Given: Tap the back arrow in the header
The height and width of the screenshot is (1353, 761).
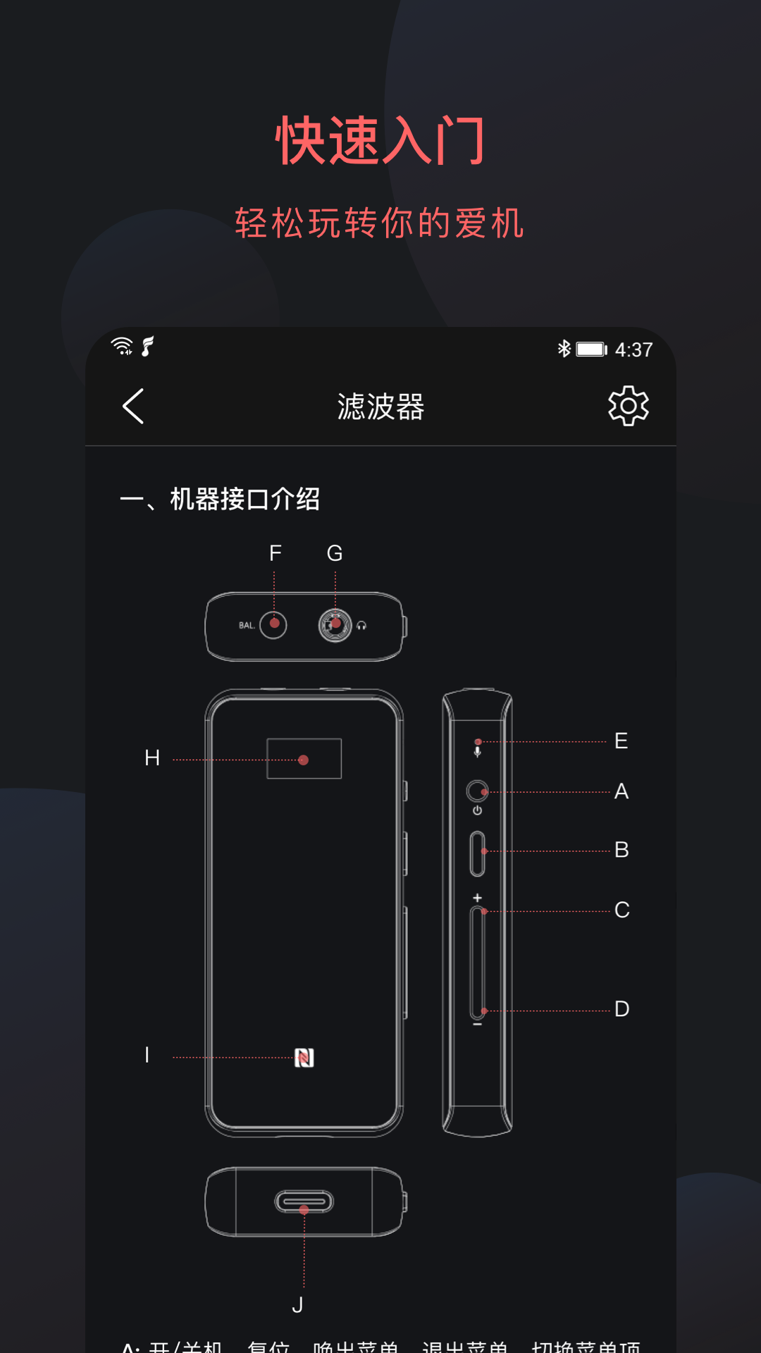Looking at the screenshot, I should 133,407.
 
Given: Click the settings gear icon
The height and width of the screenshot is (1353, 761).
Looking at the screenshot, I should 628,406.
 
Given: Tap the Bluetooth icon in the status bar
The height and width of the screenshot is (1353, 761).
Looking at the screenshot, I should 564,349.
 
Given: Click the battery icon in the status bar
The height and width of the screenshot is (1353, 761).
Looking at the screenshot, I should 591,350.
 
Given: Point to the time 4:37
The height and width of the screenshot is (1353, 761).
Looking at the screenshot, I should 633,350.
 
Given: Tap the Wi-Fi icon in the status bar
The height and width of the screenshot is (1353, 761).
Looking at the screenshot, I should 122,346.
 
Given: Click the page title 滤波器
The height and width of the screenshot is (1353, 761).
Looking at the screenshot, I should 380,407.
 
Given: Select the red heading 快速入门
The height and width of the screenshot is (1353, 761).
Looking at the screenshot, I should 380,141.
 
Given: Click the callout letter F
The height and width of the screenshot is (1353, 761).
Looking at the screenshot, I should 275,554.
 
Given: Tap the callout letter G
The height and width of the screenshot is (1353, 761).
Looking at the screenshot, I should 335,554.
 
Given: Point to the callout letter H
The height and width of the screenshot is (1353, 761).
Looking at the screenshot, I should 152,758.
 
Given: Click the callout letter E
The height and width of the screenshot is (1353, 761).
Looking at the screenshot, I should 621,741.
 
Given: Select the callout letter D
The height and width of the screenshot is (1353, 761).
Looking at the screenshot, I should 621,1009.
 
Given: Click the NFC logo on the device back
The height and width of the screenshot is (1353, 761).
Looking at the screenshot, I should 304,1058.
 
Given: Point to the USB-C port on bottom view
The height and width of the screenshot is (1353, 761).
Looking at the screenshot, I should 304,1201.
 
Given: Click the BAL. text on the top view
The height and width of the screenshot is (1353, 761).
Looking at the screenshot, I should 247,626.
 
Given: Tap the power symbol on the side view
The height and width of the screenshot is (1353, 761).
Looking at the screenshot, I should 478,811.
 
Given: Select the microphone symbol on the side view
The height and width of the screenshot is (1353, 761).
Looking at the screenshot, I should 478,752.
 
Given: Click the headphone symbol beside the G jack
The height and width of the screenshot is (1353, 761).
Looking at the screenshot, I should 361,626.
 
